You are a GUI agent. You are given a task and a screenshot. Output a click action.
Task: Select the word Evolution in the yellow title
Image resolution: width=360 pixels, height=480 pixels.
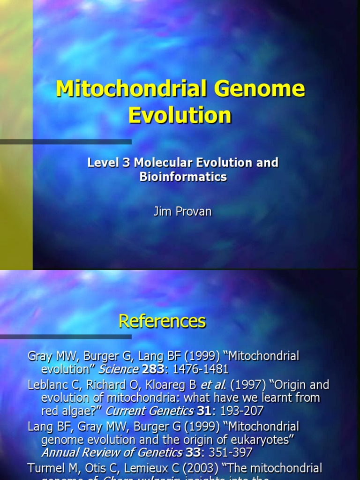[180, 115]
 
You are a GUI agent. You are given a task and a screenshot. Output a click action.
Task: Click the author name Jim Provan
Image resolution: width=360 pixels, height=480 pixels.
[182, 211]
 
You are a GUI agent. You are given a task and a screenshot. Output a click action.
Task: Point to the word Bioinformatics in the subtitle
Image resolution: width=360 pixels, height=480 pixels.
[183, 177]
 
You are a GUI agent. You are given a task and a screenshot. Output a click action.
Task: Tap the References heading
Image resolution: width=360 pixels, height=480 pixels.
[162, 321]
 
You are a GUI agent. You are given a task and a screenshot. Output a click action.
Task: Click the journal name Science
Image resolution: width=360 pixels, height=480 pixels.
[118, 368]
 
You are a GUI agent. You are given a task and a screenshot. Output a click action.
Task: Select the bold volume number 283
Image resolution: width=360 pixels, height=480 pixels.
[153, 368]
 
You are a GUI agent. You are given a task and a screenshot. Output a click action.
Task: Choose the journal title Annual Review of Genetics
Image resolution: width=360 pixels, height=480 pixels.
[112, 453]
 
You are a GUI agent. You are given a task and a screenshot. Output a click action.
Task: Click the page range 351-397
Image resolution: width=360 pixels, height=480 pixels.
[227, 453]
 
